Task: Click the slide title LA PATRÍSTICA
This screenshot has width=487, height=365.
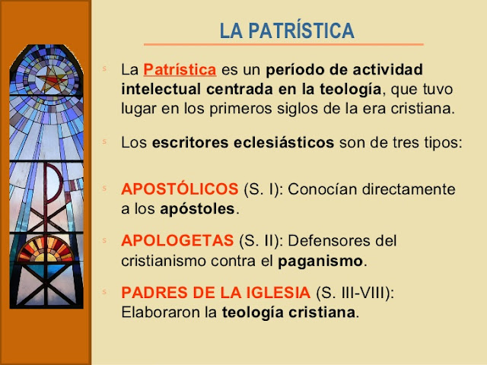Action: tap(286, 31)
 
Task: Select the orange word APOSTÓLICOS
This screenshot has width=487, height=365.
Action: tap(180, 188)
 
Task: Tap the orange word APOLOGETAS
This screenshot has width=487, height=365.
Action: tap(177, 241)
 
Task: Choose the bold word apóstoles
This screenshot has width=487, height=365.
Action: tap(204, 207)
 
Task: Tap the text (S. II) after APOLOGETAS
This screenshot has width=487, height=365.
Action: tap(259, 241)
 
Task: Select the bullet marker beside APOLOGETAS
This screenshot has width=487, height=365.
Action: tap(105, 241)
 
